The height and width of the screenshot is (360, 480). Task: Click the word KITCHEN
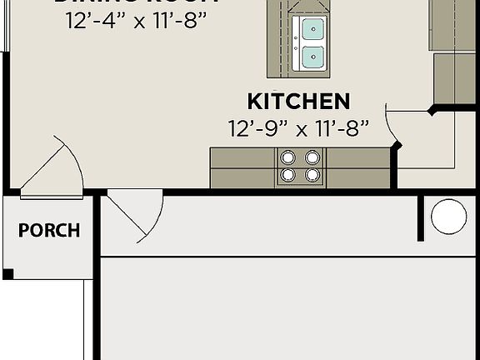[298, 102]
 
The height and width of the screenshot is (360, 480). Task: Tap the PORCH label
[49, 230]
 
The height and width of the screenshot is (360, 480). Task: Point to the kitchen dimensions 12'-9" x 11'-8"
[298, 128]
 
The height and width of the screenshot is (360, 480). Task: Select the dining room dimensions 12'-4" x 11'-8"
[136, 20]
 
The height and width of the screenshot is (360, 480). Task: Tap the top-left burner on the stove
[288, 157]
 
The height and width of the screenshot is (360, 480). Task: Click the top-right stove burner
[312, 157]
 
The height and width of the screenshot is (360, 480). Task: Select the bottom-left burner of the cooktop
[288, 175]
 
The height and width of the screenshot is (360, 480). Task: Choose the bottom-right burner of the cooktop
[312, 175]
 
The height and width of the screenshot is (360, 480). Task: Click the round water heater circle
[448, 217]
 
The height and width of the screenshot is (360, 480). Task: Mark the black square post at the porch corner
[7, 273]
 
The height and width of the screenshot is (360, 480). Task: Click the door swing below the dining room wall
[133, 212]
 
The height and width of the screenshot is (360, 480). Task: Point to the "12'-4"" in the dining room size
[93, 20]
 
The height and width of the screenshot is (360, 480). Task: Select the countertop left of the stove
[242, 167]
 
